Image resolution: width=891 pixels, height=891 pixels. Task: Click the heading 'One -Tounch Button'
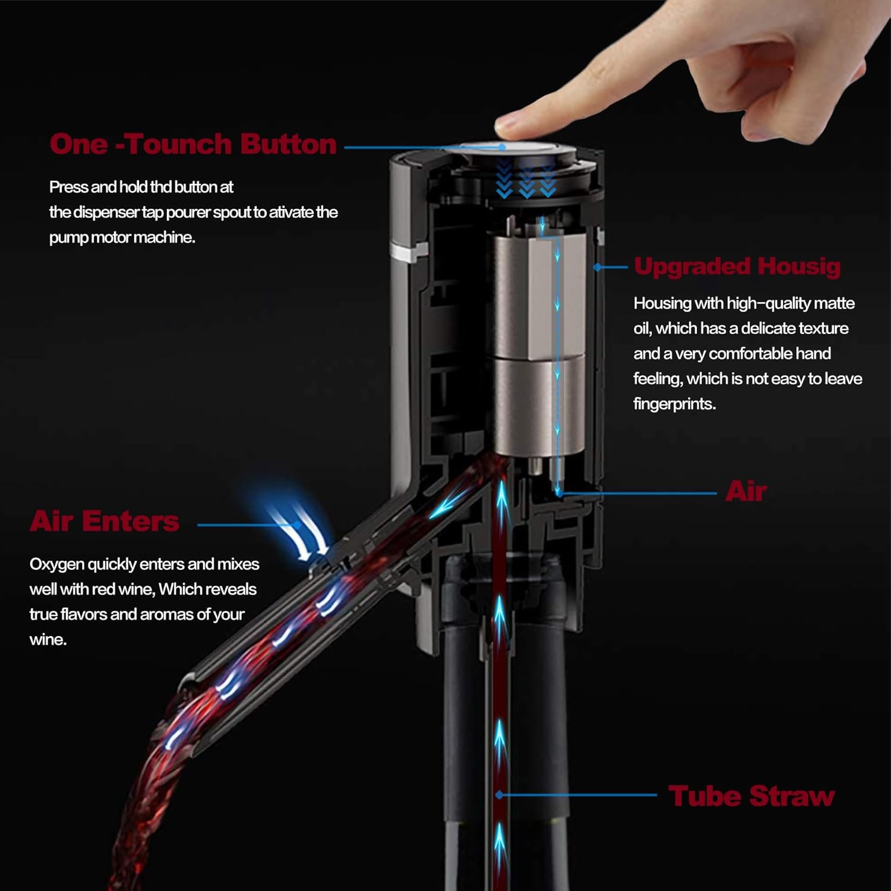click(193, 144)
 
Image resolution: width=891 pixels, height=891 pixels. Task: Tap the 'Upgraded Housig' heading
click(737, 266)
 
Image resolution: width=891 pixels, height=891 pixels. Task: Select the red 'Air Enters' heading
click(105, 521)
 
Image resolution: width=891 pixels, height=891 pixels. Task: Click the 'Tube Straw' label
click(751, 796)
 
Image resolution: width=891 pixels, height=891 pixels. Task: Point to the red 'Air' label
click(745, 492)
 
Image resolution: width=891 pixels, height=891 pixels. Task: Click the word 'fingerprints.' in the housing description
click(674, 404)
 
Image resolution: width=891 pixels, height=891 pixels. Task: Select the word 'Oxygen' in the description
click(57, 564)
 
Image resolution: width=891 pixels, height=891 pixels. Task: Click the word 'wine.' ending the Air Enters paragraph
click(48, 640)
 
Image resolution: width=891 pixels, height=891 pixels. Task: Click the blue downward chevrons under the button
click(526, 181)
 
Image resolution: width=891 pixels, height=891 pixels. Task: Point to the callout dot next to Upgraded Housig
click(598, 267)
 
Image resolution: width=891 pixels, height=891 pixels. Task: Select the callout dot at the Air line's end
click(559, 493)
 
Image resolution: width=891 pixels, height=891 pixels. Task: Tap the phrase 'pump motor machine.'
click(122, 238)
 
